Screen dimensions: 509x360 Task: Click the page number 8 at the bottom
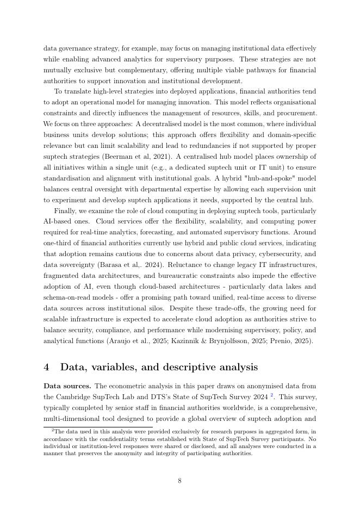179,481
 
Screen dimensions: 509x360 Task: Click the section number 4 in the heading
47,367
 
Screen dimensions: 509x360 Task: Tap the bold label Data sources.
67,386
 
